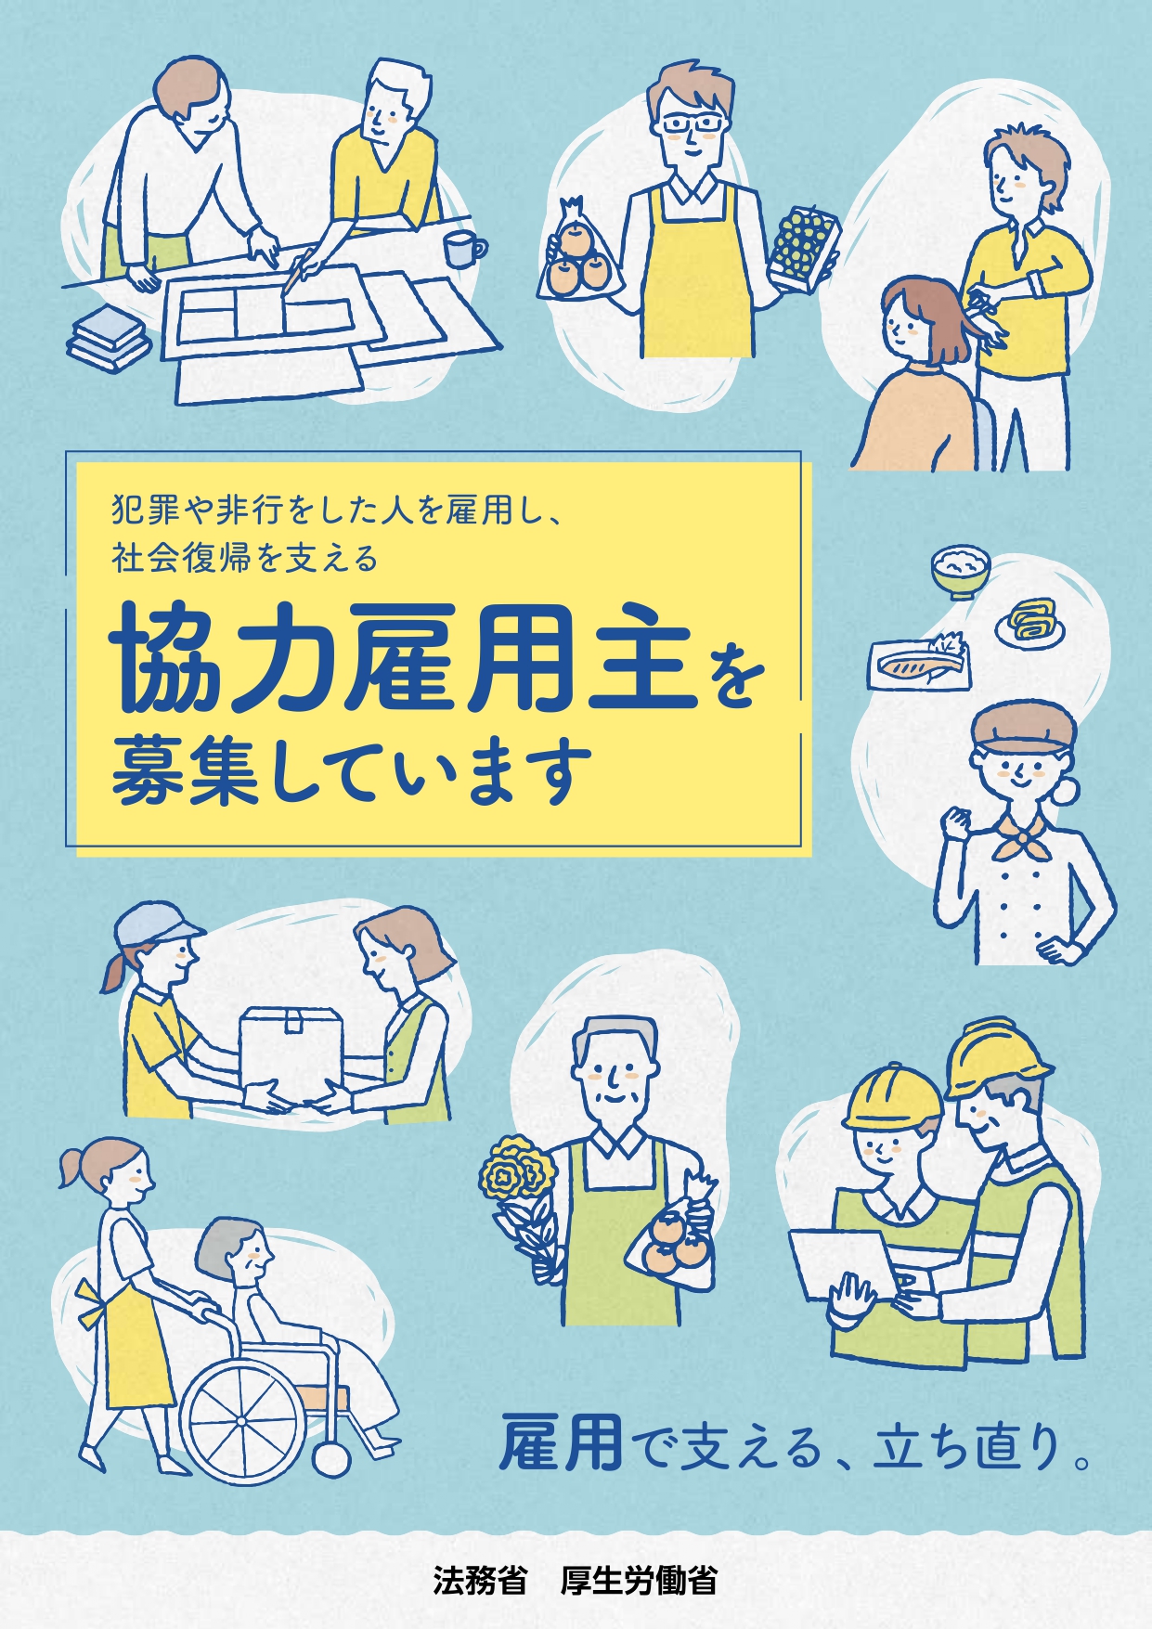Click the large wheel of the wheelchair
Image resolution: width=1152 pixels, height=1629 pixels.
pos(243,1421)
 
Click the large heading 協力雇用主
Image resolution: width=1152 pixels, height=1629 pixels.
pos(404,655)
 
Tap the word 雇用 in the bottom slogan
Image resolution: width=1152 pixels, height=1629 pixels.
pos(562,1442)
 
